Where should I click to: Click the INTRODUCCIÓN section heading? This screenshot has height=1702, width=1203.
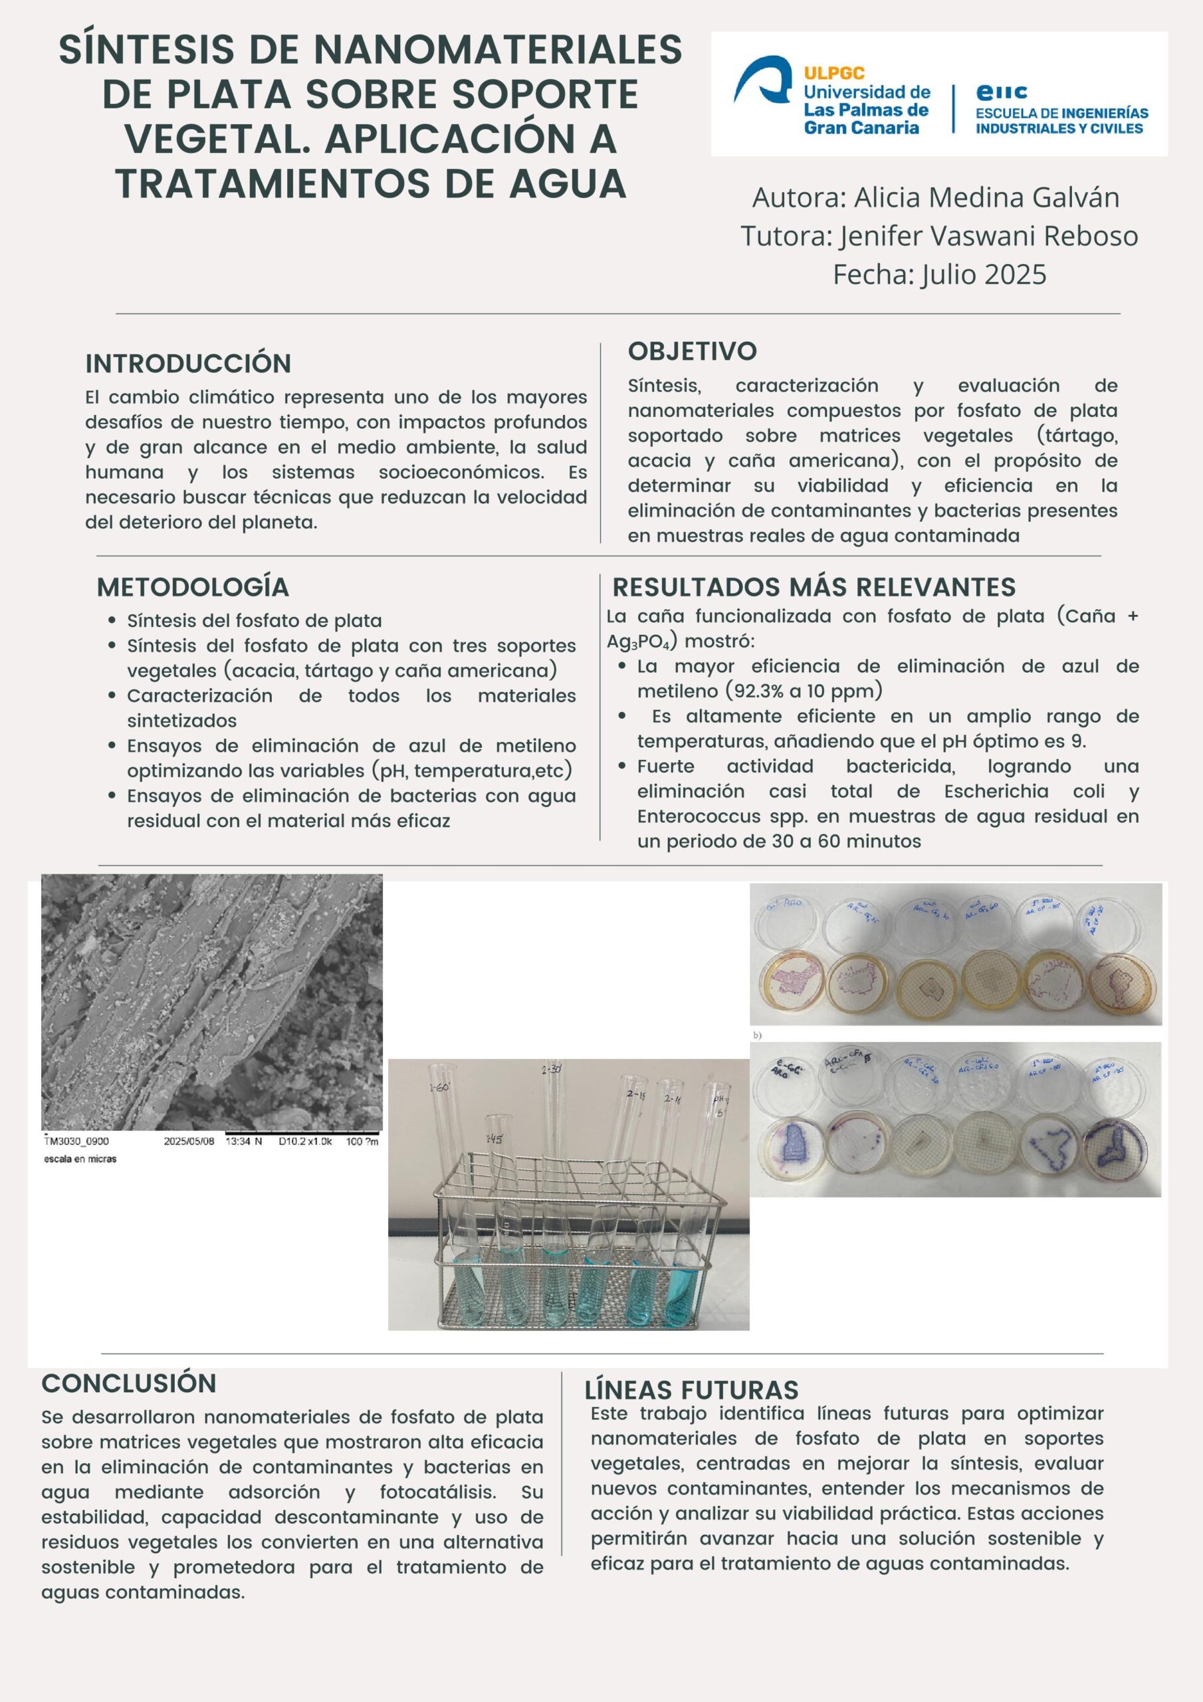187,363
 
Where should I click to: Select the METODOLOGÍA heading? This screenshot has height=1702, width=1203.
193,586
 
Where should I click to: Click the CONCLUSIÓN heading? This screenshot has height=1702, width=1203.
129,1384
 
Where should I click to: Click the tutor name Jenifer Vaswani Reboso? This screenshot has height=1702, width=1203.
988,236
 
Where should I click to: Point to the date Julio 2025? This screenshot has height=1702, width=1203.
984,275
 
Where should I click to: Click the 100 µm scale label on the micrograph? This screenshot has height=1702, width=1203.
362,1141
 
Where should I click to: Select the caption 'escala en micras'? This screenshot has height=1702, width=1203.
80,1159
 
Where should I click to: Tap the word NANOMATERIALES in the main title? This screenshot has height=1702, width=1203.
496,51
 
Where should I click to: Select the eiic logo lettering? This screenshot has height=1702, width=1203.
1002,92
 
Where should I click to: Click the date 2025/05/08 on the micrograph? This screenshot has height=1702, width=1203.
188,1141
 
